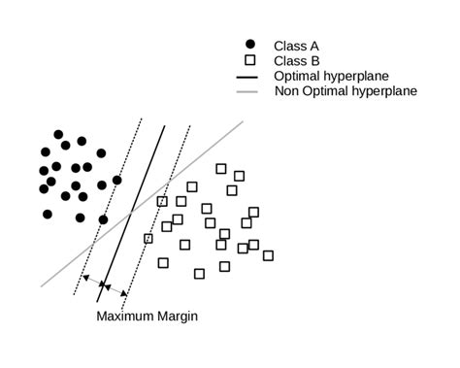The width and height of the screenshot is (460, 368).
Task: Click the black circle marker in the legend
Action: point(250,45)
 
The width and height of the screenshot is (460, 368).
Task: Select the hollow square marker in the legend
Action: point(250,60)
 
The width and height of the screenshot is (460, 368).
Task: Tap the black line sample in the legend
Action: point(250,76)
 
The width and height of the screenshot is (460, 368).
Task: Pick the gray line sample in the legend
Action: point(250,91)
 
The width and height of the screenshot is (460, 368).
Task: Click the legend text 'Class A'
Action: point(296,45)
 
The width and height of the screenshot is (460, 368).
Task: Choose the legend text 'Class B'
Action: point(296,60)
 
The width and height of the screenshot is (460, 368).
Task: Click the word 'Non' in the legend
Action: point(288,91)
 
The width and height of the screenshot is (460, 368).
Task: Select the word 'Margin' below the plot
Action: point(181,316)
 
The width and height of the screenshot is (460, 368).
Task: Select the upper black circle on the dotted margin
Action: point(117,180)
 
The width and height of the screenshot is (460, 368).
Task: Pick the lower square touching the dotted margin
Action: point(148,238)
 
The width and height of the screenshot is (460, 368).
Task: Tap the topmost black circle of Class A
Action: point(58,134)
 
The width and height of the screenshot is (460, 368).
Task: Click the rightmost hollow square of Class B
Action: point(268,255)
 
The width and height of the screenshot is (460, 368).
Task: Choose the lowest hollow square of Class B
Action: point(199,274)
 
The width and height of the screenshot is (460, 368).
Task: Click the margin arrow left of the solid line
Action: point(94,284)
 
